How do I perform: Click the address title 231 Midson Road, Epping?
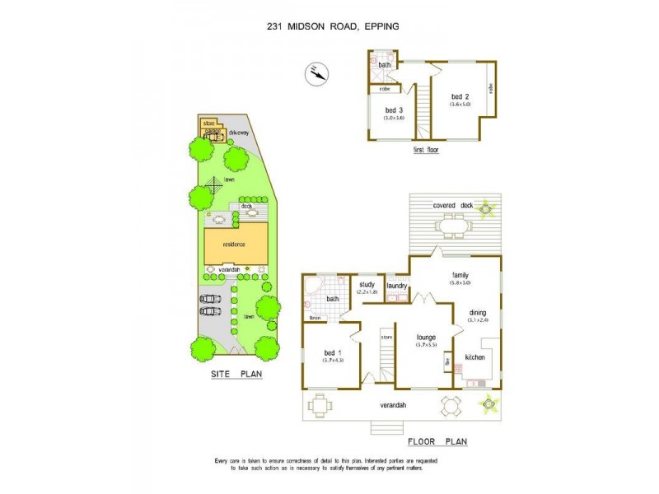(x=333, y=26)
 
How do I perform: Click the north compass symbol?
(x=315, y=74)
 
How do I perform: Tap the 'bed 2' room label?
(x=460, y=96)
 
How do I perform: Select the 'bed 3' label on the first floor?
(x=395, y=110)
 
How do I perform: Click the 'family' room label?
(x=460, y=274)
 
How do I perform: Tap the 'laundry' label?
(x=398, y=286)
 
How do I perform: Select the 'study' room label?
(x=367, y=285)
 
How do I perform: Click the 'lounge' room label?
(x=426, y=338)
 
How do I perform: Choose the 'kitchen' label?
(x=475, y=358)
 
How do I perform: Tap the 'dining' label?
(x=479, y=313)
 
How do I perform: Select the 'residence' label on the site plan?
(x=236, y=244)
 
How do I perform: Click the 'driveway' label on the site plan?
(x=239, y=133)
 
